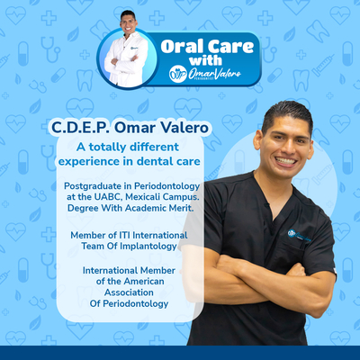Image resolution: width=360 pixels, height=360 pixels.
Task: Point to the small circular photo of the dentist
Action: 127,57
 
